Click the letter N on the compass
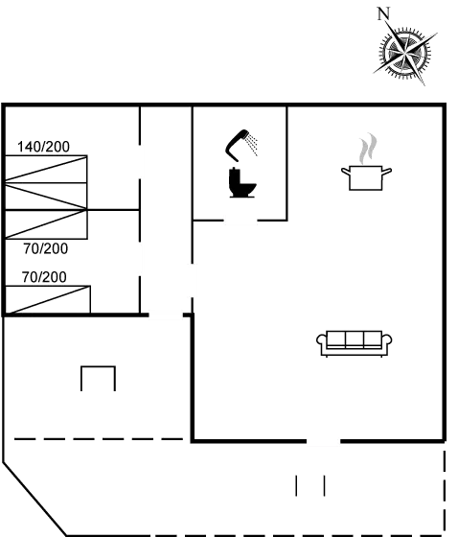383,12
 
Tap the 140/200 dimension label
44,147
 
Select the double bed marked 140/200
47,181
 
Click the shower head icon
240,145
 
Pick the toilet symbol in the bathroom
240,182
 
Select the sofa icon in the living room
355,342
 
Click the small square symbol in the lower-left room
98,379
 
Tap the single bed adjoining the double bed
47,224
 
